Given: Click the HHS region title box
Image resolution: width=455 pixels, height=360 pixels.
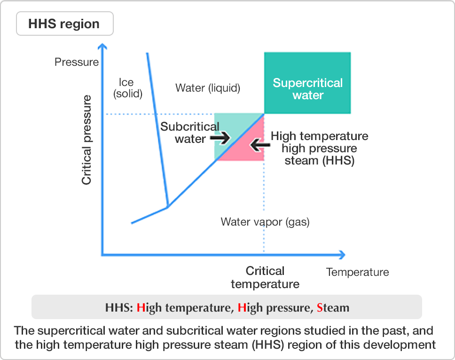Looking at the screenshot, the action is tap(65, 23).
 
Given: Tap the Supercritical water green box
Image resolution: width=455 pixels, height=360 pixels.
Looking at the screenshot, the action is tap(307, 83).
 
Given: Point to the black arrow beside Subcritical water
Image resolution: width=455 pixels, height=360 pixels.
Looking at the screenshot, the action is tap(220, 138).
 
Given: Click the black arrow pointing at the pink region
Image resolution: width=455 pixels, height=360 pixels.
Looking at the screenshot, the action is tap(260, 144).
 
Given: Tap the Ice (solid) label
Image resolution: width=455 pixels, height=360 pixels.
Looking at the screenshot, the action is tap(127, 88).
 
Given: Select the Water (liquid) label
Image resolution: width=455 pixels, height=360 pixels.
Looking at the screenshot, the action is tap(208, 87).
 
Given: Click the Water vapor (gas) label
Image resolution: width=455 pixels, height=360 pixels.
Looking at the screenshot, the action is tap(265, 222).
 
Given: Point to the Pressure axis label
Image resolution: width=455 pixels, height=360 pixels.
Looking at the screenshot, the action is tap(77, 62).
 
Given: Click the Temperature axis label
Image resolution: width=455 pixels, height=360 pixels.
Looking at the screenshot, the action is tap(358, 272).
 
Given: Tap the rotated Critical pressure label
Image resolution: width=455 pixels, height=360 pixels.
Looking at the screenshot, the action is tap(86, 140).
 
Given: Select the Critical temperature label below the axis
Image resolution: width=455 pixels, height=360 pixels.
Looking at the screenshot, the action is tap(265, 277).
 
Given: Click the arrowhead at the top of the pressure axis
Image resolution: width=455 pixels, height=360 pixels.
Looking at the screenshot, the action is tap(102, 46).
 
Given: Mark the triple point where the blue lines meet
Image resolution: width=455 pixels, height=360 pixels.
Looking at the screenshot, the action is tap(168, 207).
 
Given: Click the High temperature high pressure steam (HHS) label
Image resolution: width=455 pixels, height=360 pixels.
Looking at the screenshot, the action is tap(320, 148).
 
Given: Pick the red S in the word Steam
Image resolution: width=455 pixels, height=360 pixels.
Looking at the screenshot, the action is tap(320, 307).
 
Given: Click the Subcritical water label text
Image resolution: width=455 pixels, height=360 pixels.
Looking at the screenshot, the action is tap(190, 133).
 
